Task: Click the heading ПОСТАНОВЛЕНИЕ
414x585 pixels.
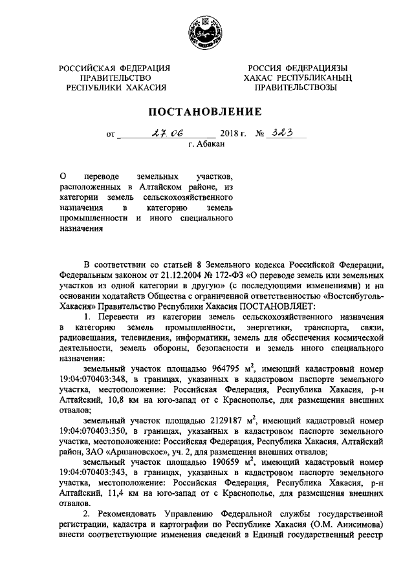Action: [x=206, y=111]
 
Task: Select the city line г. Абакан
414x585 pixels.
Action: [x=206, y=144]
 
